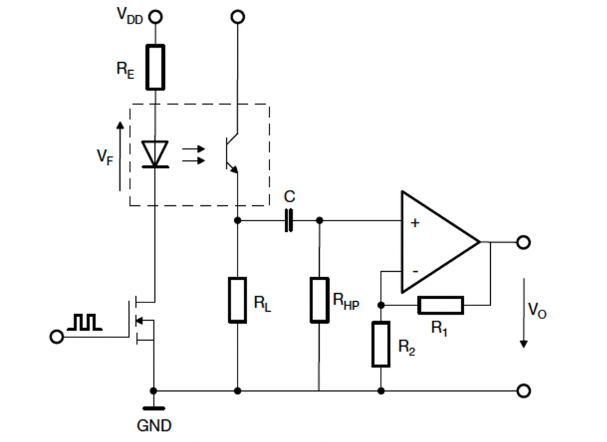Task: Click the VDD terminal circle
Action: tap(156, 17)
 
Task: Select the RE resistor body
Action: tap(155, 68)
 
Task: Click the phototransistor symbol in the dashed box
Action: tap(232, 153)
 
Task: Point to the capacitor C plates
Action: tap(289, 221)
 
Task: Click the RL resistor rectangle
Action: tap(237, 300)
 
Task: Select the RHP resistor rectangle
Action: tap(319, 300)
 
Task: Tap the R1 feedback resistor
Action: tap(440, 305)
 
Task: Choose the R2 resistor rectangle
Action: tap(381, 344)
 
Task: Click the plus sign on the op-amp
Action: tap(415, 223)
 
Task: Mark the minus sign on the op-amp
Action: tap(415, 271)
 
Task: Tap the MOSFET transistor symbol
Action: tap(141, 320)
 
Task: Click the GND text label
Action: tap(154, 426)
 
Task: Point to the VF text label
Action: tap(105, 157)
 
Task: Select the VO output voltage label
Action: tap(538, 310)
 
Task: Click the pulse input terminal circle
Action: tap(57, 337)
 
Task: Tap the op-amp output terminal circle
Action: tap(523, 243)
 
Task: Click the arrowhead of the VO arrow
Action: tap(524, 344)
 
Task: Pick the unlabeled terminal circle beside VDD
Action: tap(237, 17)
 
